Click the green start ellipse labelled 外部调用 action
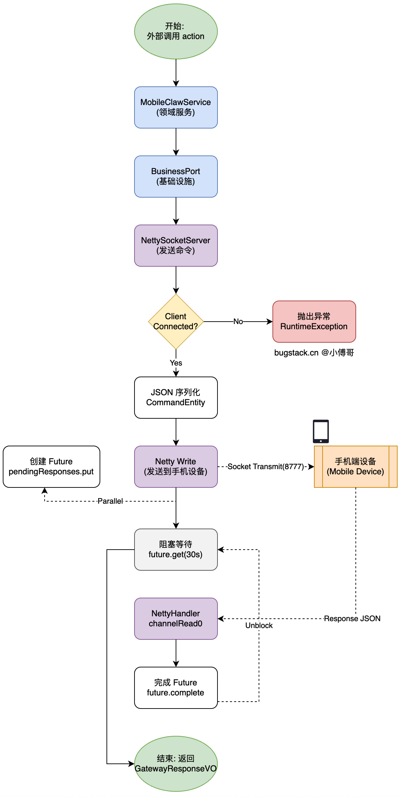176,31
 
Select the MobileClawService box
176,107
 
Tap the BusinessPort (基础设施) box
176,177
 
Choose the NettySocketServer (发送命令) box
176,246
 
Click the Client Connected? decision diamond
176,322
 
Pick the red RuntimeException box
314,322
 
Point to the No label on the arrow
238,322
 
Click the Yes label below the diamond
176,363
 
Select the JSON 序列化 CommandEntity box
176,398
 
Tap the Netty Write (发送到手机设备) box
176,467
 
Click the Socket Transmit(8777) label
266,467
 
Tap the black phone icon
321,431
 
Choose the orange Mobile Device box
355,467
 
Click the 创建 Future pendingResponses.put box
51,467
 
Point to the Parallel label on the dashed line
110,501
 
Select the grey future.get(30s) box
176,550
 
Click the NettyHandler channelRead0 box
176,619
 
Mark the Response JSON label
352,619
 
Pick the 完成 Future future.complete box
176,688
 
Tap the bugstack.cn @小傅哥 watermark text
314,353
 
